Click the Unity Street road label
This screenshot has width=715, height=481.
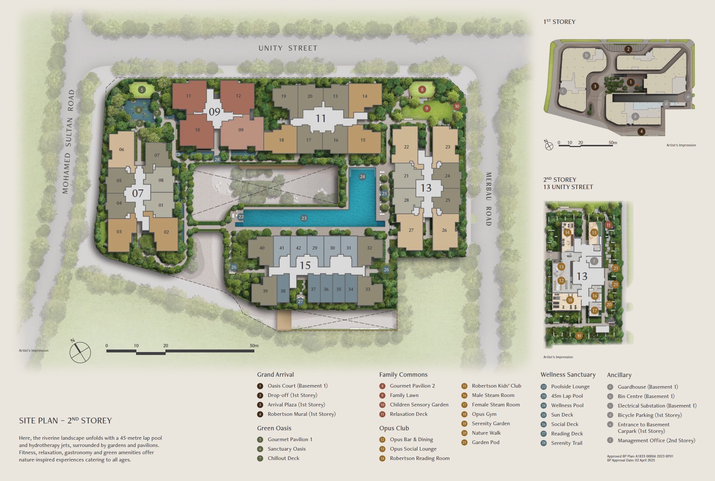coord(288,48)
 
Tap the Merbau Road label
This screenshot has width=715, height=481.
coord(488,199)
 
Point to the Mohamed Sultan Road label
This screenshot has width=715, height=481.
coord(68,142)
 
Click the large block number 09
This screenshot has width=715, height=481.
coord(214,112)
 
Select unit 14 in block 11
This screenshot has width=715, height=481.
coord(365,96)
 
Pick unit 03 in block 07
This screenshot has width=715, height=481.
coord(119,231)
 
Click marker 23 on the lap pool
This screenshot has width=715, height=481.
coord(304,218)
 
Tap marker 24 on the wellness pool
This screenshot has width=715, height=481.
coord(362,177)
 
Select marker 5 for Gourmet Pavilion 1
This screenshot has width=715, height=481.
coord(142,90)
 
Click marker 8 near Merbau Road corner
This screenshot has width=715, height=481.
coord(422,89)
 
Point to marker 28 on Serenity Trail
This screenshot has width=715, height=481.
coord(217,159)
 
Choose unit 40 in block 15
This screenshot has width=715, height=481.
coord(262,248)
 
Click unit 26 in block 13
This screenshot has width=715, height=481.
coord(444,230)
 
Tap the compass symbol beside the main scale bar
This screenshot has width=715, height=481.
coord(80,352)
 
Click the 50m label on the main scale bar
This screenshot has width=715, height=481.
coord(254,346)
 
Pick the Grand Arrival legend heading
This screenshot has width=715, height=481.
coord(275,375)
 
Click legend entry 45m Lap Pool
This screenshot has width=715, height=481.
coord(567,396)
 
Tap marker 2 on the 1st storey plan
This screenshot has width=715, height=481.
coord(628,49)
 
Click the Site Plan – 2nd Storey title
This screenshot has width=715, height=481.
coord(65,421)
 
